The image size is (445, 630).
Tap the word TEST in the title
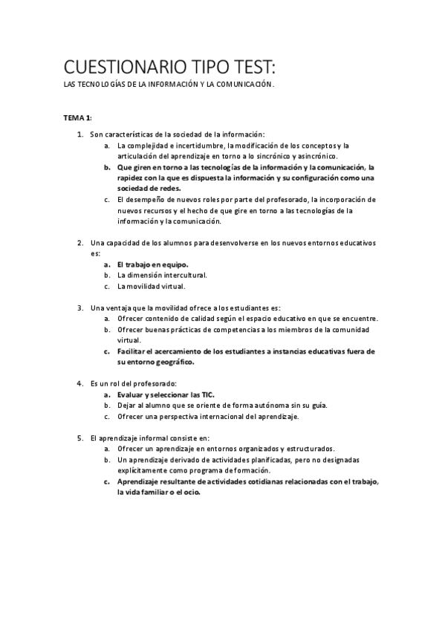249,68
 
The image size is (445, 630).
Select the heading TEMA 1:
77,118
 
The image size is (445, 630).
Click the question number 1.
80,134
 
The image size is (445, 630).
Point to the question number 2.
80,243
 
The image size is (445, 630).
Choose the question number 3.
80,308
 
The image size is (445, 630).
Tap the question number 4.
80,383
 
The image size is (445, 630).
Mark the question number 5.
80,438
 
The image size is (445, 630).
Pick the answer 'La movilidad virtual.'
152,286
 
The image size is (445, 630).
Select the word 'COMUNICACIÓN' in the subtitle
245,85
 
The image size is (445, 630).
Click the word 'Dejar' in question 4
127,406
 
